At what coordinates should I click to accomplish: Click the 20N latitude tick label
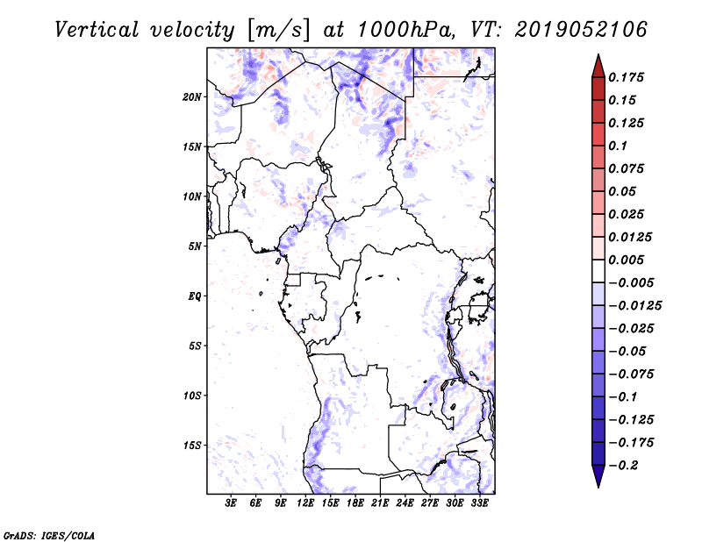click(x=191, y=97)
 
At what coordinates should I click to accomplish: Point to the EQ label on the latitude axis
click(x=194, y=296)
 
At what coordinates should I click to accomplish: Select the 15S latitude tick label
click(x=192, y=446)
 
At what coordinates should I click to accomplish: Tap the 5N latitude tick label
click(x=195, y=246)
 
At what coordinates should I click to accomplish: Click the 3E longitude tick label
click(x=231, y=503)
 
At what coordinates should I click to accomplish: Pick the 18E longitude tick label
click(x=355, y=503)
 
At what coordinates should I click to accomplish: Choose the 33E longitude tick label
click(x=479, y=503)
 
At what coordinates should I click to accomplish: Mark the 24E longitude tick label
click(x=405, y=503)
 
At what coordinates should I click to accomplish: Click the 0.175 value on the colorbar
click(x=626, y=77)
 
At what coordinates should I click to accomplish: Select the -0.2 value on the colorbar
click(x=623, y=466)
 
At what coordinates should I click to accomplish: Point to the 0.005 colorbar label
click(x=626, y=260)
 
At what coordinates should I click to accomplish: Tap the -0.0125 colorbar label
click(x=634, y=306)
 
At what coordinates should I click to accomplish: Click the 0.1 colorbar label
click(x=618, y=146)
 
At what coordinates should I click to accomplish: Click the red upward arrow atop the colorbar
click(x=598, y=66)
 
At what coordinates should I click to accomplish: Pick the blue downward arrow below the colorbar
click(x=598, y=476)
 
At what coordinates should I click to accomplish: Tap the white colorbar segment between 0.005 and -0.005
click(x=598, y=271)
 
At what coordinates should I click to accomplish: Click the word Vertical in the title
click(x=97, y=30)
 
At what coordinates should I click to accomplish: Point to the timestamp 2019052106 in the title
click(x=581, y=30)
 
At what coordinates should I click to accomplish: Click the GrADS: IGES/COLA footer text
click(x=49, y=536)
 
